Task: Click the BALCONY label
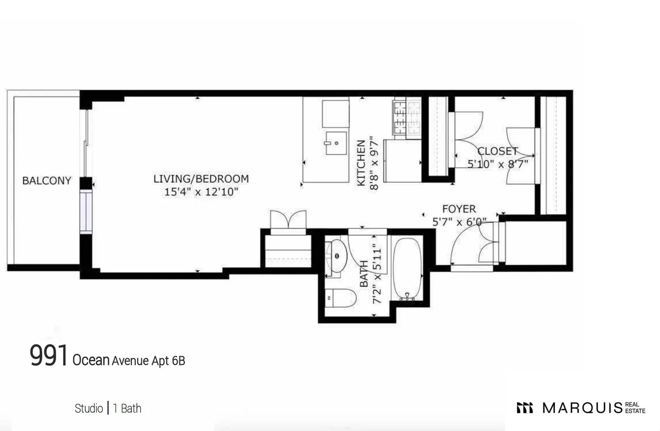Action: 46,181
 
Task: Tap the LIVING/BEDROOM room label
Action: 201,179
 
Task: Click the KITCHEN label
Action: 361,163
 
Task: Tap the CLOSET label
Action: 497,151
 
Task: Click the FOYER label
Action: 459,209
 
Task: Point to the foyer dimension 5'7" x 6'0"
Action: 460,222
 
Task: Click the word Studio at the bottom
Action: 89,408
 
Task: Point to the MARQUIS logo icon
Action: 525,408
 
